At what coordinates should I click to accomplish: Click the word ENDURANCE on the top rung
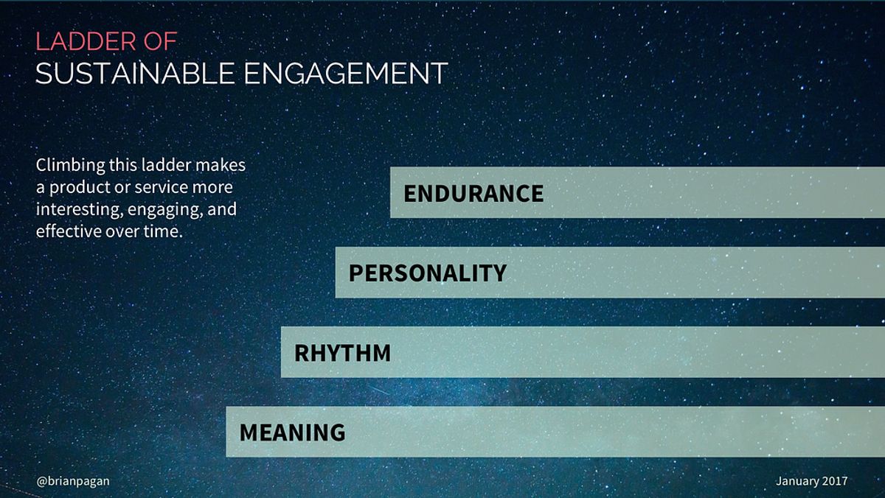click(473, 193)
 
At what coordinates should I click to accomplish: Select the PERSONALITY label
click(427, 273)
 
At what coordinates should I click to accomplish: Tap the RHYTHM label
click(342, 353)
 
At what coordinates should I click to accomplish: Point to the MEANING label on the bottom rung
click(292, 432)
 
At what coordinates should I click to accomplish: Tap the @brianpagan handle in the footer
click(73, 481)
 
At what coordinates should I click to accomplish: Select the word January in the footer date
click(797, 481)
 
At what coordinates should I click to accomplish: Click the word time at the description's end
click(164, 231)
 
